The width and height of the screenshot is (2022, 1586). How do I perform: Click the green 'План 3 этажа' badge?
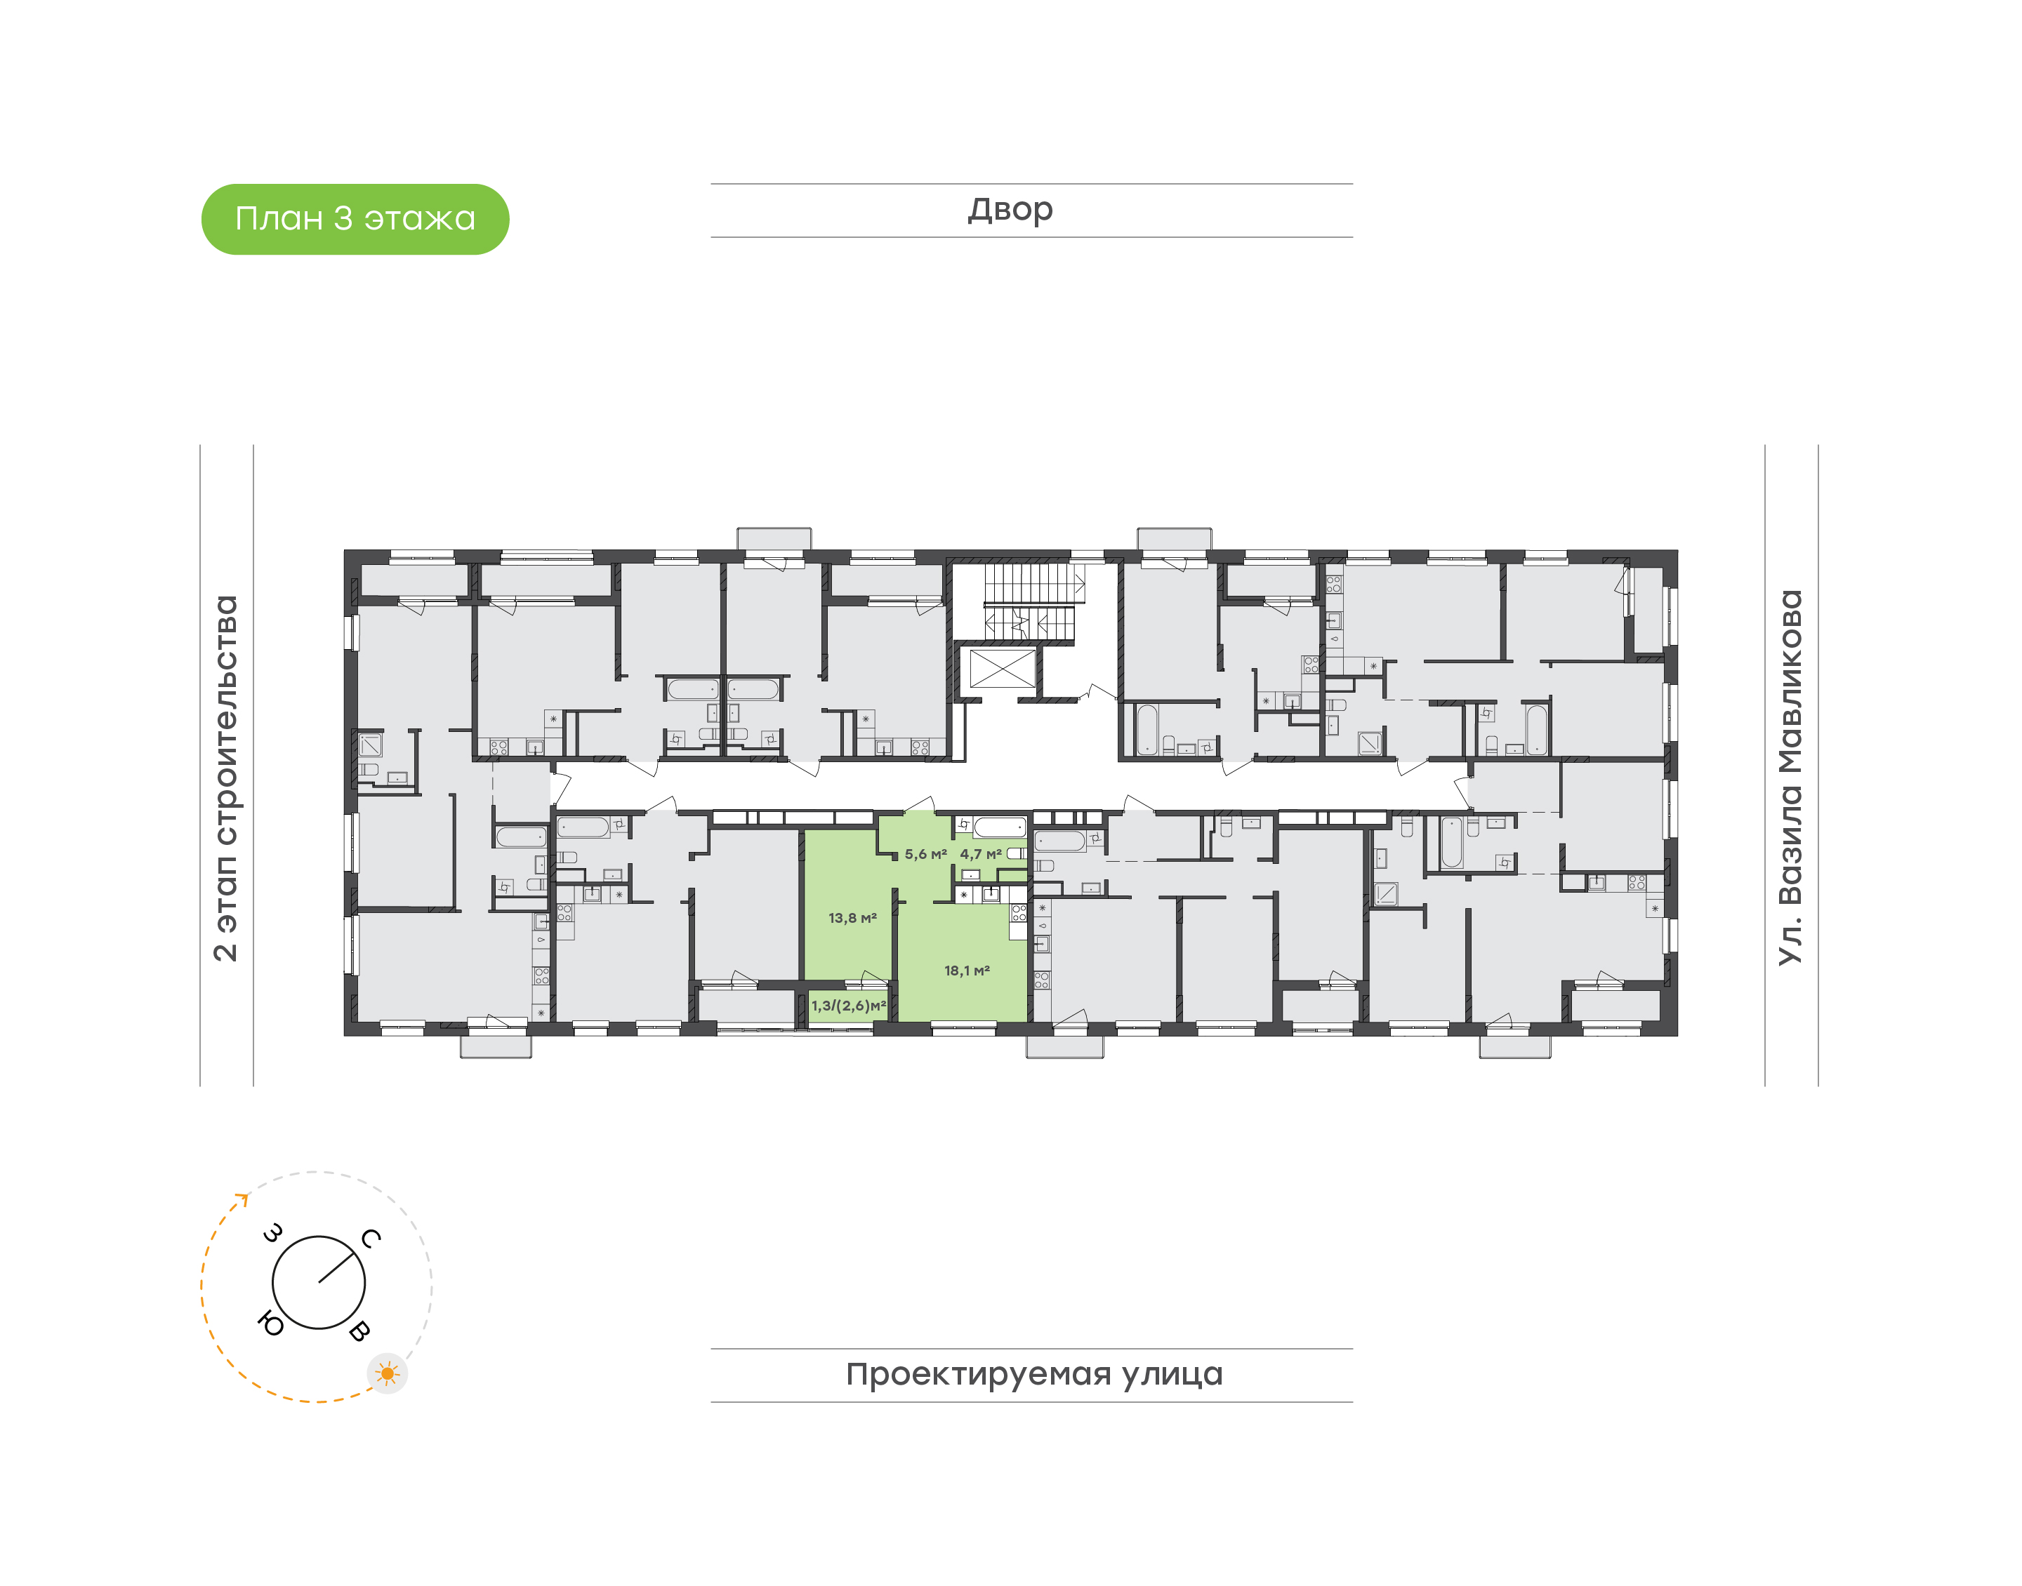pyautogui.click(x=355, y=219)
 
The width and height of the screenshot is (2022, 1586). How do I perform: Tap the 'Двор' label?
pyautogui.click(x=1010, y=210)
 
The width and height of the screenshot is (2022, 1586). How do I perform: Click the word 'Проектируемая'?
pyautogui.click(x=978, y=1374)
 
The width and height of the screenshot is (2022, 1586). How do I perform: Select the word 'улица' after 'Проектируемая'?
pyautogui.click(x=1172, y=1374)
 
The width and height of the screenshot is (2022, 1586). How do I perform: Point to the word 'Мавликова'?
pyautogui.click(x=1790, y=683)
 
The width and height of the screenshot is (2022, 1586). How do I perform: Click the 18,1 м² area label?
pyautogui.click(x=967, y=971)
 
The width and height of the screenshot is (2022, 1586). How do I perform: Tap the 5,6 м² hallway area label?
pyautogui.click(x=925, y=854)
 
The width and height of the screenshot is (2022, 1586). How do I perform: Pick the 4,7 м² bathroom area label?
pyautogui.click(x=981, y=854)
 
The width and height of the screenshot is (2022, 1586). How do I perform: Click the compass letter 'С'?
pyautogui.click(x=371, y=1238)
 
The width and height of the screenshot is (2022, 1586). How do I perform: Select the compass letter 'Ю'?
pyautogui.click(x=270, y=1324)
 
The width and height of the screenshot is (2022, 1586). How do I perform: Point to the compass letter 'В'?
pyautogui.click(x=359, y=1331)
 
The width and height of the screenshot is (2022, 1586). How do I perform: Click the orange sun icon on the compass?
pyautogui.click(x=388, y=1373)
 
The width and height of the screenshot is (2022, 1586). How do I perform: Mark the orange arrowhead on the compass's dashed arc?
pyautogui.click(x=244, y=1198)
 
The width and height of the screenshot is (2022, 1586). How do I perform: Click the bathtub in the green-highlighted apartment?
pyautogui.click(x=999, y=827)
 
